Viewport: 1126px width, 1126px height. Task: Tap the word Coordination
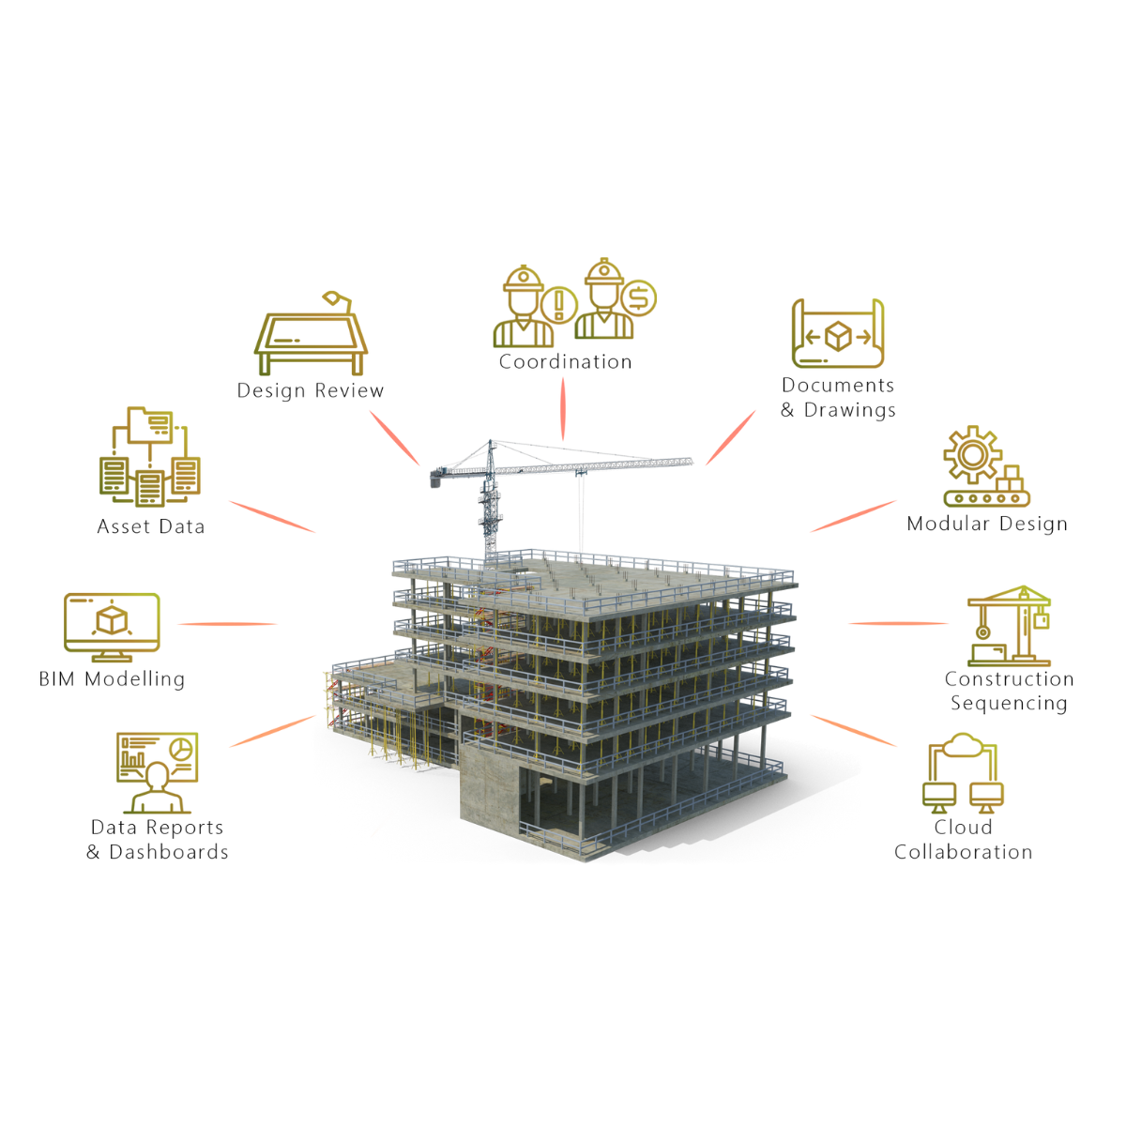coord(565,362)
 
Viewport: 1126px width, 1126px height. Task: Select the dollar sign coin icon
coord(639,299)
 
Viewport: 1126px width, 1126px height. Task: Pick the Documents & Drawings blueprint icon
coord(838,334)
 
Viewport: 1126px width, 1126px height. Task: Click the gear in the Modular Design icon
coord(972,455)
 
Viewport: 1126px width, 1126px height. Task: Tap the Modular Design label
coord(987,525)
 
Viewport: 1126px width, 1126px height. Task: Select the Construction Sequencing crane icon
coord(1010,626)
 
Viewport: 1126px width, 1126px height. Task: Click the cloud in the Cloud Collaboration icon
coord(963,748)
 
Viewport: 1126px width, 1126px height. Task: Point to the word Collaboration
coord(963,852)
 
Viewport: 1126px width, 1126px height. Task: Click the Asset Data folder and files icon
coord(150,457)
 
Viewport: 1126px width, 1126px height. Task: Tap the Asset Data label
coord(151,527)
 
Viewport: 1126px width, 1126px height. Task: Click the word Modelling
coord(135,679)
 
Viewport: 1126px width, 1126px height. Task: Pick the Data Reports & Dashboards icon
coord(157,773)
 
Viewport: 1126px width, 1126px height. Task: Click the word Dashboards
coord(169,852)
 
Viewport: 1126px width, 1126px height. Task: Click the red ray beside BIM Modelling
coord(227,624)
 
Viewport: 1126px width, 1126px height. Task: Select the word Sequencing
coord(1009,704)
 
